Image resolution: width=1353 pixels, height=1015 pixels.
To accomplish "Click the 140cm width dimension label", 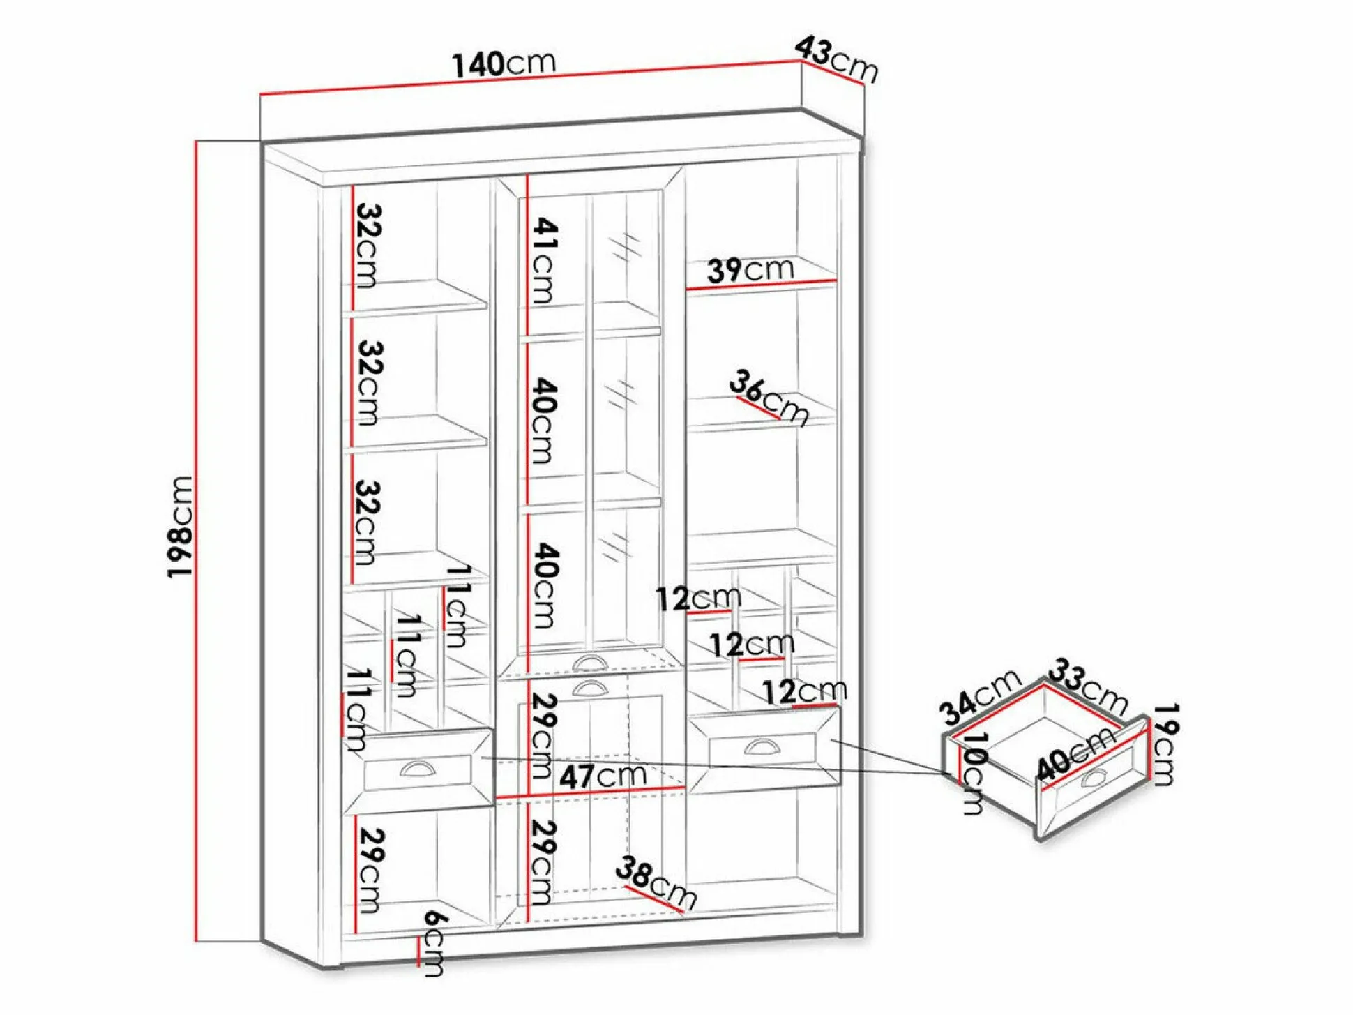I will (504, 64).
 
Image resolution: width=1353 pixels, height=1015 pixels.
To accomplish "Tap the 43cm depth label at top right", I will (836, 60).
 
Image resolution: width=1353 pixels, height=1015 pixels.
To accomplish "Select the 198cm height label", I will (180, 527).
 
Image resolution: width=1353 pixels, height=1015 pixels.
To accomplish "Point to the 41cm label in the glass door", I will (545, 260).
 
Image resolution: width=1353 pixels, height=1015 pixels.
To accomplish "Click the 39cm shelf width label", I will (750, 269).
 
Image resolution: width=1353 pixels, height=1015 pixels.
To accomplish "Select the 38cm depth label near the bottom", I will (656, 882).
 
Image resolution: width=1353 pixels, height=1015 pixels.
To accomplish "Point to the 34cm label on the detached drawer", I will (979, 698).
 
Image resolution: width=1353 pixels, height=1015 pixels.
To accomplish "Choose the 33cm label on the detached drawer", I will (1088, 686).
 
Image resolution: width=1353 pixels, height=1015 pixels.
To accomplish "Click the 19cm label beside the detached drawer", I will (1164, 744).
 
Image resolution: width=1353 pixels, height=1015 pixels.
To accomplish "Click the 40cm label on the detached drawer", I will (1075, 754).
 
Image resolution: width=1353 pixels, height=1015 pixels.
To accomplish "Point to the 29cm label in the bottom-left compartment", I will (370, 870).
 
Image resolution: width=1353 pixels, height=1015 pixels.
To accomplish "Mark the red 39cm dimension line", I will (761, 285).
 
